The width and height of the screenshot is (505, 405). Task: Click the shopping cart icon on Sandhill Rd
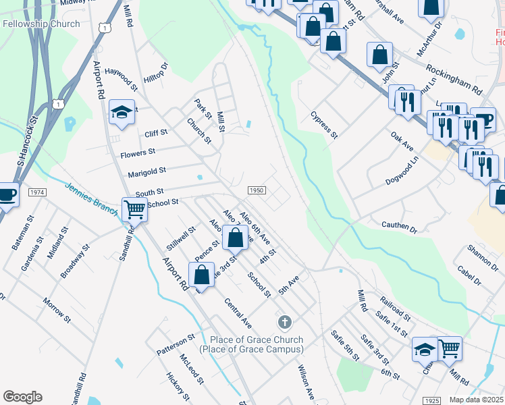[135, 210]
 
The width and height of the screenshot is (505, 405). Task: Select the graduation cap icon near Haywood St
[122, 113]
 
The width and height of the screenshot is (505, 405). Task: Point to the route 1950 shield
[256, 191]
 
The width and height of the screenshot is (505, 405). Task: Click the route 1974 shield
[38, 192]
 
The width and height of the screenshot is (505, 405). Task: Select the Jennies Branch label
[92, 197]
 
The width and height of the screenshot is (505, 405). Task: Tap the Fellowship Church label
[41, 24]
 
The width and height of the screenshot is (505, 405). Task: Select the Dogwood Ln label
[402, 171]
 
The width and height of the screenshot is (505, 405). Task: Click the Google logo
[22, 397]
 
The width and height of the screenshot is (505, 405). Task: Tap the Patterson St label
[176, 346]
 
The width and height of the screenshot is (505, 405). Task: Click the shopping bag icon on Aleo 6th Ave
[235, 238]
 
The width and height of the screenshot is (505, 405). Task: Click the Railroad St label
[394, 309]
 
